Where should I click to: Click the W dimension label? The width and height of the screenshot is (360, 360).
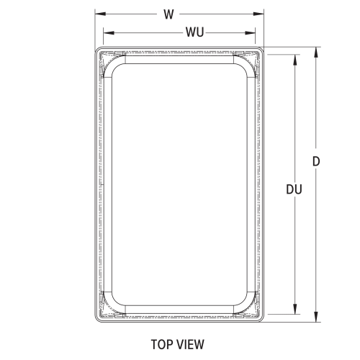[x=168, y=14]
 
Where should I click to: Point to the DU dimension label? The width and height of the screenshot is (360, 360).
[x=293, y=189]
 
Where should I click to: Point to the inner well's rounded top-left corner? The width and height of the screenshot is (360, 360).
[x=118, y=73]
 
